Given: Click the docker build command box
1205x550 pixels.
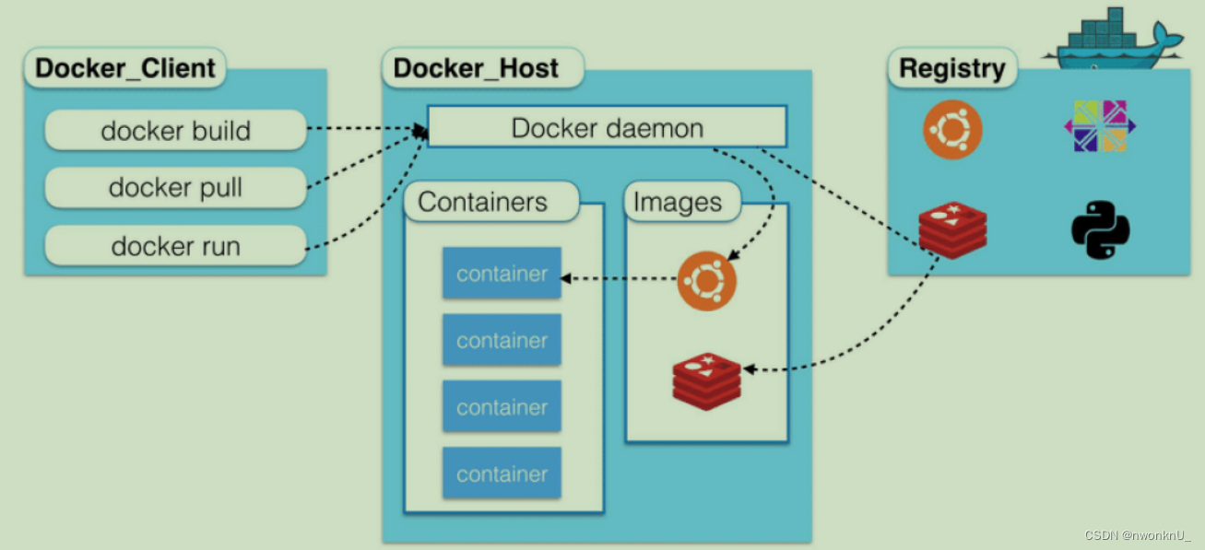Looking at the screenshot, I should point(175,130).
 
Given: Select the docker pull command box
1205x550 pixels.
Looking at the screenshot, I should point(175,188).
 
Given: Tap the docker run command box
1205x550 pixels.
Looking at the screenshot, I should point(175,246).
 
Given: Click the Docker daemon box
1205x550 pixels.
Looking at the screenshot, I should point(607,127).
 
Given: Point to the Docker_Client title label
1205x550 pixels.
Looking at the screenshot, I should point(125,69).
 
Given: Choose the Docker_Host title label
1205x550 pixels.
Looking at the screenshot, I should point(476,69).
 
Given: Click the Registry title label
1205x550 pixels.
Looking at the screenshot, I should point(951,69).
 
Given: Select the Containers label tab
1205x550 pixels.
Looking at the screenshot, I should point(482,202).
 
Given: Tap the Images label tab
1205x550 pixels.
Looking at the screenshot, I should point(678,203).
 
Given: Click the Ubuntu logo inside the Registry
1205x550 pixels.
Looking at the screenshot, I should point(952,130).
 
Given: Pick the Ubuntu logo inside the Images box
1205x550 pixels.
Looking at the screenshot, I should point(707,280).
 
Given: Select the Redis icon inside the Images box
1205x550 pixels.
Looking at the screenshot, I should point(706,380).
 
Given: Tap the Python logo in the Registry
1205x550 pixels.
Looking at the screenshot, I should point(1100,230).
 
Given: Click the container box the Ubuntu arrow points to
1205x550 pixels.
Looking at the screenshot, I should point(502,274).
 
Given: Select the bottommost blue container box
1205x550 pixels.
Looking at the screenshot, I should point(502,474).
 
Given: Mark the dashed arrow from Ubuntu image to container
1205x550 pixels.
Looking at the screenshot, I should point(618,276).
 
